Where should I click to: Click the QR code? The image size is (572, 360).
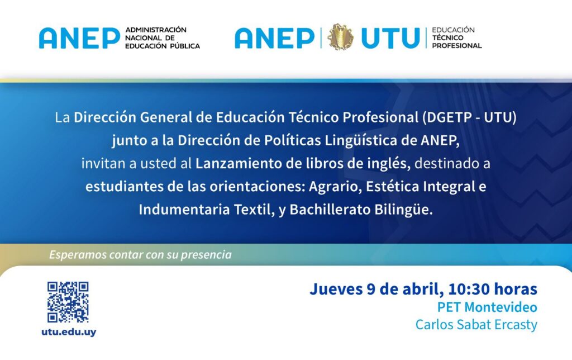tap(68, 302)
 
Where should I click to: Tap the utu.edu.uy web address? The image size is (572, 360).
tap(69, 332)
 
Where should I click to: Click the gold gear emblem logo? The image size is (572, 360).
tap(340, 37)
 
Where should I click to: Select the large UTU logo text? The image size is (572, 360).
tap(390, 37)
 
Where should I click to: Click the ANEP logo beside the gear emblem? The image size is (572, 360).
tap(274, 37)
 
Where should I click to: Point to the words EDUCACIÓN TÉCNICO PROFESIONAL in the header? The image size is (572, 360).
tap(457, 37)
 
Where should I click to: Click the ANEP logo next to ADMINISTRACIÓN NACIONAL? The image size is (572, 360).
tap(79, 37)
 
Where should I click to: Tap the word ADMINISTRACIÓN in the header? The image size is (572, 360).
tap(156, 30)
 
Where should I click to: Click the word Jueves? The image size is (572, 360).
tap(336, 289)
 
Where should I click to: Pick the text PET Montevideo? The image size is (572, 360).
tap(487, 307)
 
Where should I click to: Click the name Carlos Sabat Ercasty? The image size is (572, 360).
tap(476, 325)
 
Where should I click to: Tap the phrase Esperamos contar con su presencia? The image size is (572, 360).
tap(140, 254)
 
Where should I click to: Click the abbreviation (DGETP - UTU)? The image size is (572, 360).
tap(469, 117)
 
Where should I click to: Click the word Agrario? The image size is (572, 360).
tap(335, 187)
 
